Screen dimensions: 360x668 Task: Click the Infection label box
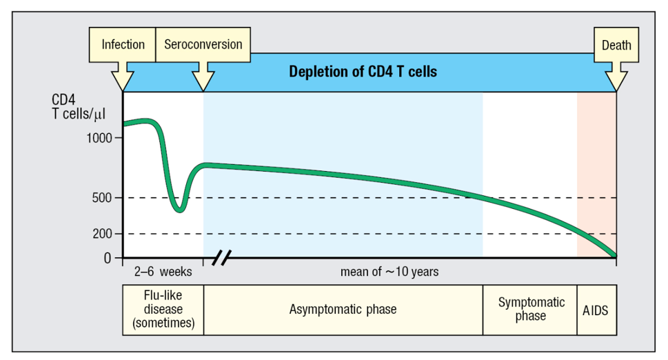[x=123, y=45]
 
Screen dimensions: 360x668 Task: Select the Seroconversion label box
[x=203, y=45]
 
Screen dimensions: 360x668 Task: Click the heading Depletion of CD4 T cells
[x=363, y=72]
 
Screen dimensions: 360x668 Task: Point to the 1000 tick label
[x=97, y=137]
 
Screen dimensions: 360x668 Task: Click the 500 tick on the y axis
[x=103, y=198]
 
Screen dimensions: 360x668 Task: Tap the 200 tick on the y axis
[x=103, y=234]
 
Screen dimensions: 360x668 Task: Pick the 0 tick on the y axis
[x=107, y=258]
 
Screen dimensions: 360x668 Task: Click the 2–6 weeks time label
[x=163, y=272]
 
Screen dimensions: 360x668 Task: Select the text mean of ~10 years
[x=389, y=272]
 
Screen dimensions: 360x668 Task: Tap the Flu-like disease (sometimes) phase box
[x=163, y=309]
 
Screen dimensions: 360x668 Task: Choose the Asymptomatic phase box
[x=343, y=309]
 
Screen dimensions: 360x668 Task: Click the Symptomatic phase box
[x=529, y=309]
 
